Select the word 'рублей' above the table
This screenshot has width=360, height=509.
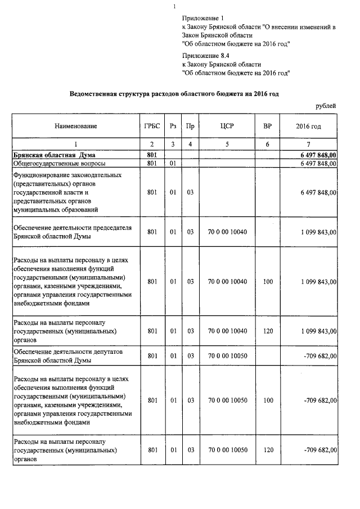(x=326, y=105)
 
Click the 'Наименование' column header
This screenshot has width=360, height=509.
(x=76, y=127)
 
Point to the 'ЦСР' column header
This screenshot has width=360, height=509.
(x=227, y=127)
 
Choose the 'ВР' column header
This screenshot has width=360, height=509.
(x=267, y=127)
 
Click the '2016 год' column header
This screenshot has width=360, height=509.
(x=308, y=127)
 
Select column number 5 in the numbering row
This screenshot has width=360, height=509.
(x=227, y=145)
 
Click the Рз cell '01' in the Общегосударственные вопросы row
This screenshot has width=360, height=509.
(x=173, y=164)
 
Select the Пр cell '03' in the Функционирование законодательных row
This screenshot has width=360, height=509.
(x=190, y=192)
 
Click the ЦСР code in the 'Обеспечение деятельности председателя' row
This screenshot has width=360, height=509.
(x=227, y=232)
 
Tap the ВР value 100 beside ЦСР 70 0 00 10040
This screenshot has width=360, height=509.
(x=267, y=281)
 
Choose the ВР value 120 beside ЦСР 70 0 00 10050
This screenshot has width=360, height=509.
(x=267, y=451)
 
